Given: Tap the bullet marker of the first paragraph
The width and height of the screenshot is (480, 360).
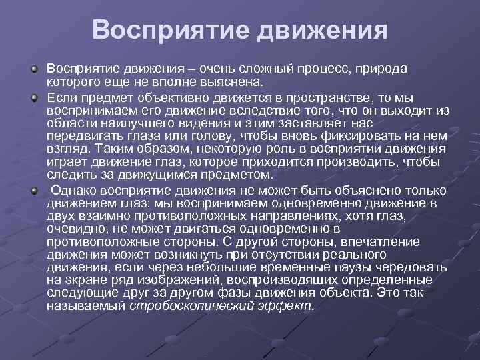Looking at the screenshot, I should point(35,69).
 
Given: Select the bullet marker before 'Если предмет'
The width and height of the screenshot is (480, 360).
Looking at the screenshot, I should point(35,97).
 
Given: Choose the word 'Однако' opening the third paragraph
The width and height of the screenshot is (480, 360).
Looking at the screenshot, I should point(73,190).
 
